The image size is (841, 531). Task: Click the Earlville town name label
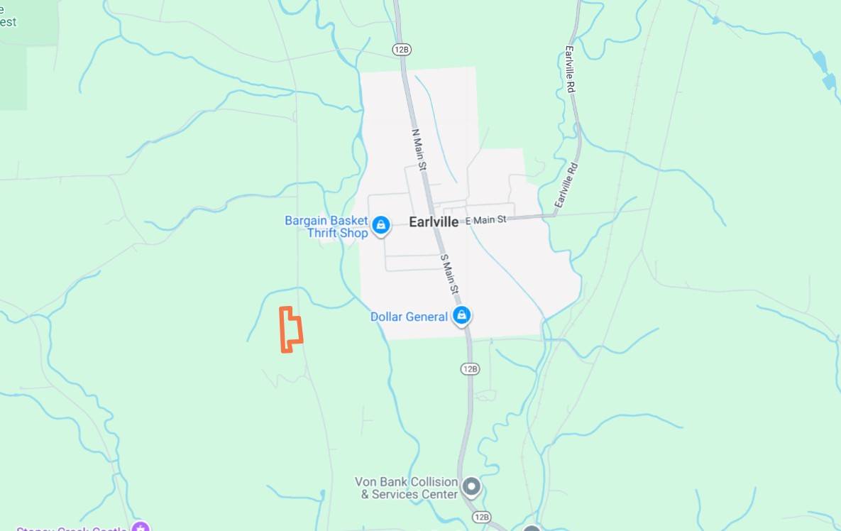pos(434,221)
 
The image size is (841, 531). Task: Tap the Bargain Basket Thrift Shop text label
pos(326,226)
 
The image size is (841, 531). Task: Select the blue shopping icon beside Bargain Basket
pos(381,226)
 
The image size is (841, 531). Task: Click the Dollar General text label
pos(409,317)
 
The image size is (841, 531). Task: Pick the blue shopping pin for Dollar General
pos(462,315)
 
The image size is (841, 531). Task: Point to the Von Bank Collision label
pos(406,488)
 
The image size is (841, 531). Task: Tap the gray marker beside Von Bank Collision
pos(471,487)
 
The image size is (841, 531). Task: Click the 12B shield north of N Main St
pos(402,49)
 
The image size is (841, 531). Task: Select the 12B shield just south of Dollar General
pos(470,368)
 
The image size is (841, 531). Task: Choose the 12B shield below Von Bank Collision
pos(481,517)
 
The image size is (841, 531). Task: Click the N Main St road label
pos(419,148)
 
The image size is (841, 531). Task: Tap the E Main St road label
pos(486,220)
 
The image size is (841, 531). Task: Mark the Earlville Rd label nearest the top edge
pos(569,68)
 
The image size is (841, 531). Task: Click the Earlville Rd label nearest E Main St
pos(567,185)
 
